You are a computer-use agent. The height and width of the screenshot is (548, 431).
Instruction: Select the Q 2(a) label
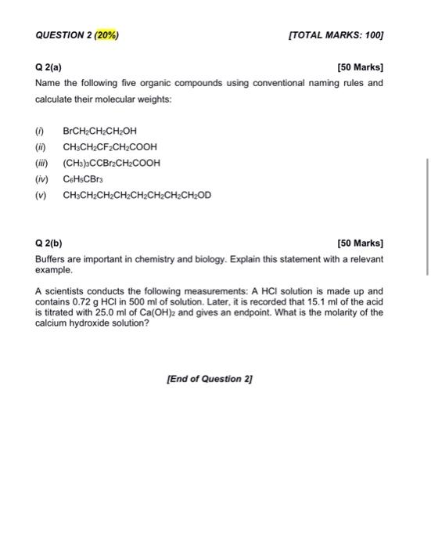click(x=50, y=67)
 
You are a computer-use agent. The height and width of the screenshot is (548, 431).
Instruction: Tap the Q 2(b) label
click(x=50, y=243)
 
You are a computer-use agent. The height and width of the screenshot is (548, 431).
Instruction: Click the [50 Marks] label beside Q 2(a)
click(x=360, y=67)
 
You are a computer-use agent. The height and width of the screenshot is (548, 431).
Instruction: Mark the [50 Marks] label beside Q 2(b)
click(x=360, y=243)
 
